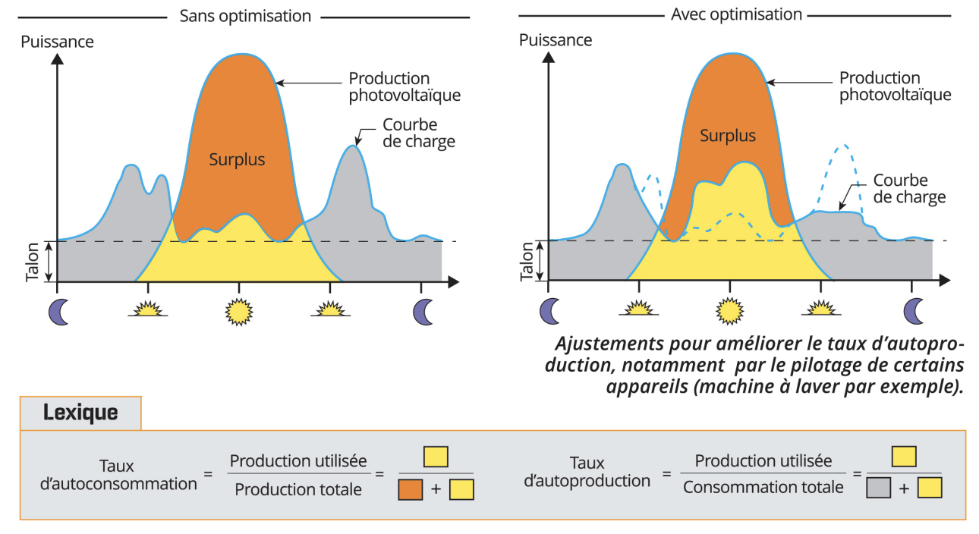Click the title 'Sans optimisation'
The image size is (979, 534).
pyautogui.click(x=245, y=16)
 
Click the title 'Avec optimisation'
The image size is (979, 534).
pyautogui.click(x=736, y=14)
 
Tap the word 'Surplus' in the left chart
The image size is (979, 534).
pyautogui.click(x=237, y=159)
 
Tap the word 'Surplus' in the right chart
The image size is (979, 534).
pyautogui.click(x=728, y=136)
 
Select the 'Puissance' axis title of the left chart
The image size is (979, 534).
pyautogui.click(x=57, y=42)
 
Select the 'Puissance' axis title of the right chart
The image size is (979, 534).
pyautogui.click(x=556, y=40)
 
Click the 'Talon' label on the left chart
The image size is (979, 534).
pyautogui.click(x=33, y=262)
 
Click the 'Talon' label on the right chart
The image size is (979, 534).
pyautogui.click(x=527, y=262)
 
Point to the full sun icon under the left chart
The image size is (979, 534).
pyautogui.click(x=238, y=312)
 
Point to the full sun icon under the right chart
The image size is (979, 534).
pyautogui.click(x=729, y=311)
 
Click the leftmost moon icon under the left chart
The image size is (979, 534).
pyautogui.click(x=58, y=312)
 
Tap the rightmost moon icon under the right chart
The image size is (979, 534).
pyautogui.click(x=914, y=311)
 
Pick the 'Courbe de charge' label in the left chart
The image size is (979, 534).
pyautogui.click(x=419, y=133)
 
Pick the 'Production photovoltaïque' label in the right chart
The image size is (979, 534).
pyautogui.click(x=895, y=86)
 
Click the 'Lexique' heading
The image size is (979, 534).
pyautogui.click(x=80, y=413)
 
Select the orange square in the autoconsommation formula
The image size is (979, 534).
pyautogui.click(x=411, y=489)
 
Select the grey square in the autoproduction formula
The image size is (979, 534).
pyautogui.click(x=879, y=488)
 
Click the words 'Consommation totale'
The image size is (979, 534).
pyautogui.click(x=763, y=487)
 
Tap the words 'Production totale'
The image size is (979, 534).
pyautogui.click(x=298, y=490)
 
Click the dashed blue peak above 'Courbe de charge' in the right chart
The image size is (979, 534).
pyautogui.click(x=845, y=146)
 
